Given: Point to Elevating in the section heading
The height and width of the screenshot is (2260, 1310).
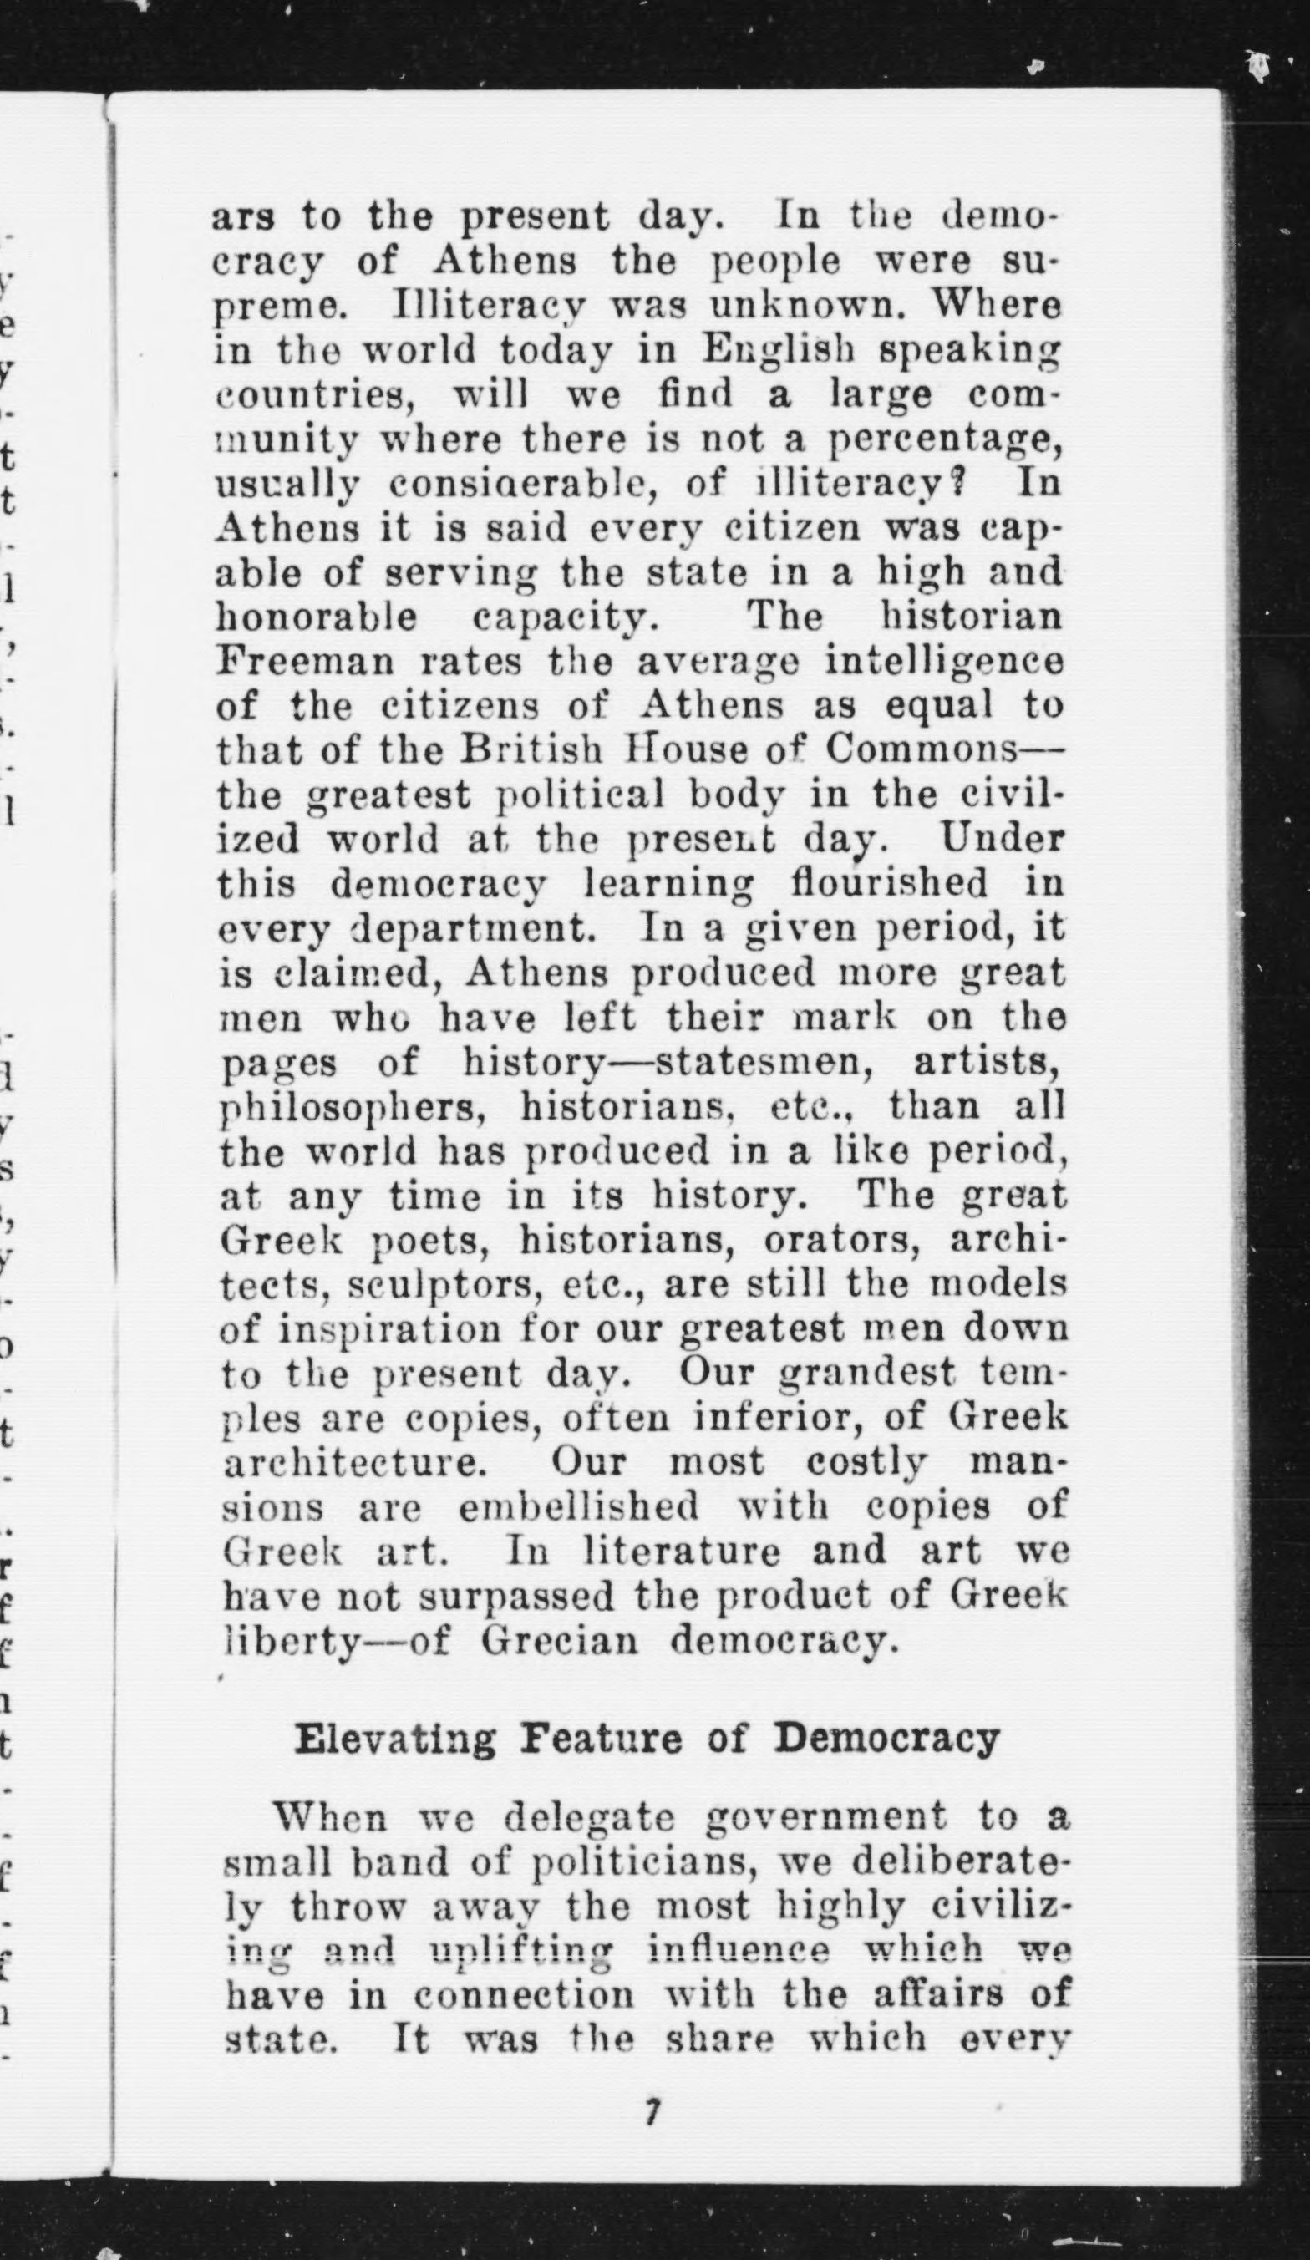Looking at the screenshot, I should pyautogui.click(x=394, y=1738).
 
